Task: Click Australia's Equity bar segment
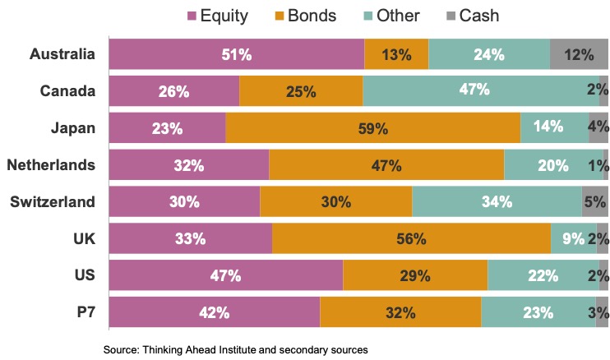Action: (236, 54)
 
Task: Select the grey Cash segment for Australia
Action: (579, 54)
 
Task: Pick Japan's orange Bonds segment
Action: (372, 127)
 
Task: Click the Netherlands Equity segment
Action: (188, 165)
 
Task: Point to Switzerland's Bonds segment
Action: (335, 202)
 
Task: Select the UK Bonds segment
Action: (411, 239)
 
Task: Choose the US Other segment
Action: (543, 275)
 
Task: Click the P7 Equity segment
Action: (214, 312)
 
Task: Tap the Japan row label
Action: (73, 127)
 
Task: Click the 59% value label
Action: (372, 128)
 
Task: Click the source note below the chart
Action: (235, 349)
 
